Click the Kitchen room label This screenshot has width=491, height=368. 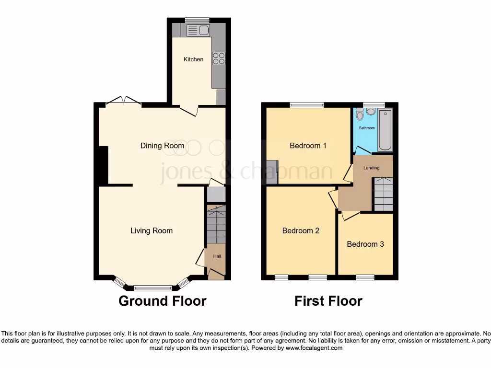click(x=194, y=59)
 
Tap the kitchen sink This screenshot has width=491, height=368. click(x=198, y=31)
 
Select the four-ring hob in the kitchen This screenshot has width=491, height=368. click(x=219, y=58)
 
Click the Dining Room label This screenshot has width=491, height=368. click(x=162, y=146)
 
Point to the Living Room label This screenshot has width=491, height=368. click(x=152, y=230)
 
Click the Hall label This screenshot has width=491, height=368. click(x=217, y=257)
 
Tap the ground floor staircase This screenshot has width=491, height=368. click(x=216, y=224)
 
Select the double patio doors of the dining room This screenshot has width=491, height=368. click(x=123, y=101)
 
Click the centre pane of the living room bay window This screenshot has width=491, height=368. click(x=152, y=288)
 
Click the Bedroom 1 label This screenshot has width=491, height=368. click(x=308, y=146)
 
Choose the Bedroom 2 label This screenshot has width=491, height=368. click(x=301, y=230)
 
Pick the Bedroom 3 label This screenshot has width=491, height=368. click(x=365, y=244)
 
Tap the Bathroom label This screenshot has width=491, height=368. click(x=367, y=128)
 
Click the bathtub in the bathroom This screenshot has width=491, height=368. click(x=385, y=130)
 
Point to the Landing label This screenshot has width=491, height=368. click(x=372, y=168)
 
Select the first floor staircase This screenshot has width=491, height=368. click(x=383, y=194)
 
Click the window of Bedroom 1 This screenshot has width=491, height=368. click(x=307, y=104)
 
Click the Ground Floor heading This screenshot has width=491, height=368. click(x=162, y=301)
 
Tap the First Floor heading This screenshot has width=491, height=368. click(x=328, y=301)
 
